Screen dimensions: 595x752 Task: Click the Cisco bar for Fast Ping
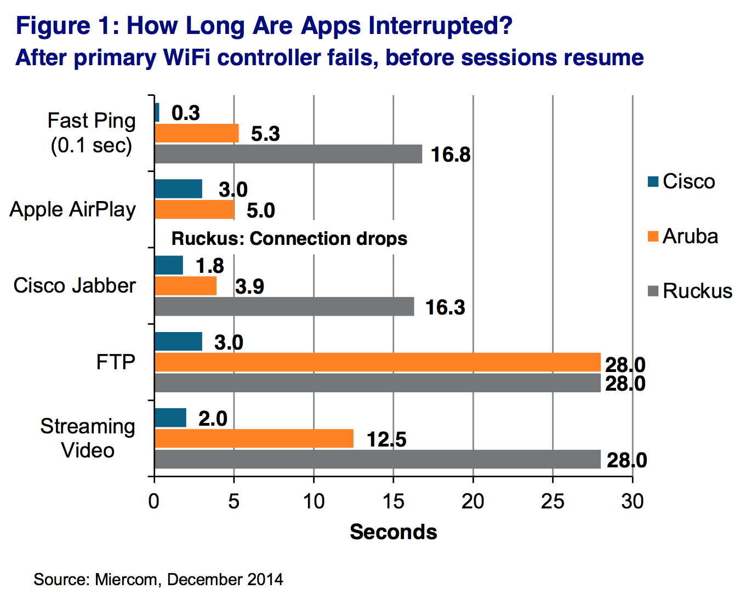pos(157,112)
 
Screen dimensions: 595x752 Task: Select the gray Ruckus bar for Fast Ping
pos(288,154)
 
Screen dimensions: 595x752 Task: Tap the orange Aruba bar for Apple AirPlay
pos(195,210)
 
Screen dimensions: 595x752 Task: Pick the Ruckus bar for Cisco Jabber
pos(284,306)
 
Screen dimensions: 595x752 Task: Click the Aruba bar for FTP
pos(378,362)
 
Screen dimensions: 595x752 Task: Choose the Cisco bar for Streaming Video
pos(170,417)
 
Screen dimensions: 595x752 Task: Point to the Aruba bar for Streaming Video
pos(254,438)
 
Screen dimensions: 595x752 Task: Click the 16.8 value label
pos(451,155)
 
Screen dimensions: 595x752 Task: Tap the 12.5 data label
pos(386,439)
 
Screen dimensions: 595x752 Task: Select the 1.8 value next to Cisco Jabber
pos(210,266)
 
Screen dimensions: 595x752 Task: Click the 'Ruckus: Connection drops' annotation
pos(289,239)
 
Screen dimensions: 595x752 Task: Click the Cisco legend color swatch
pos(653,181)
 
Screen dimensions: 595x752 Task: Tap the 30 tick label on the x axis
pos(632,501)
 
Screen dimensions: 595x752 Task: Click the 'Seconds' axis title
pos(394,532)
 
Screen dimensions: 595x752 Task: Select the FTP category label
pos(116,362)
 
